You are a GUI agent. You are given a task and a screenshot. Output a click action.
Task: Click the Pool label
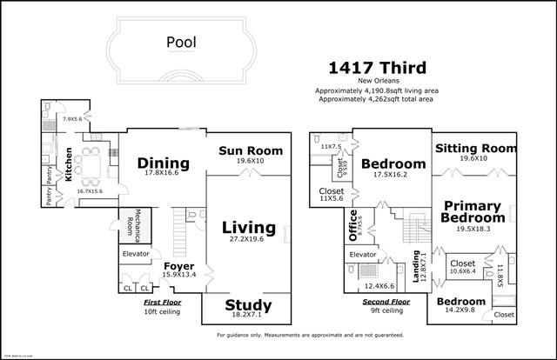click(x=182, y=41)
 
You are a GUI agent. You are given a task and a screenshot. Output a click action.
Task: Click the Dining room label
click(x=164, y=163)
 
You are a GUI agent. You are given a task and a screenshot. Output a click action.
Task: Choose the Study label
click(x=248, y=305)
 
